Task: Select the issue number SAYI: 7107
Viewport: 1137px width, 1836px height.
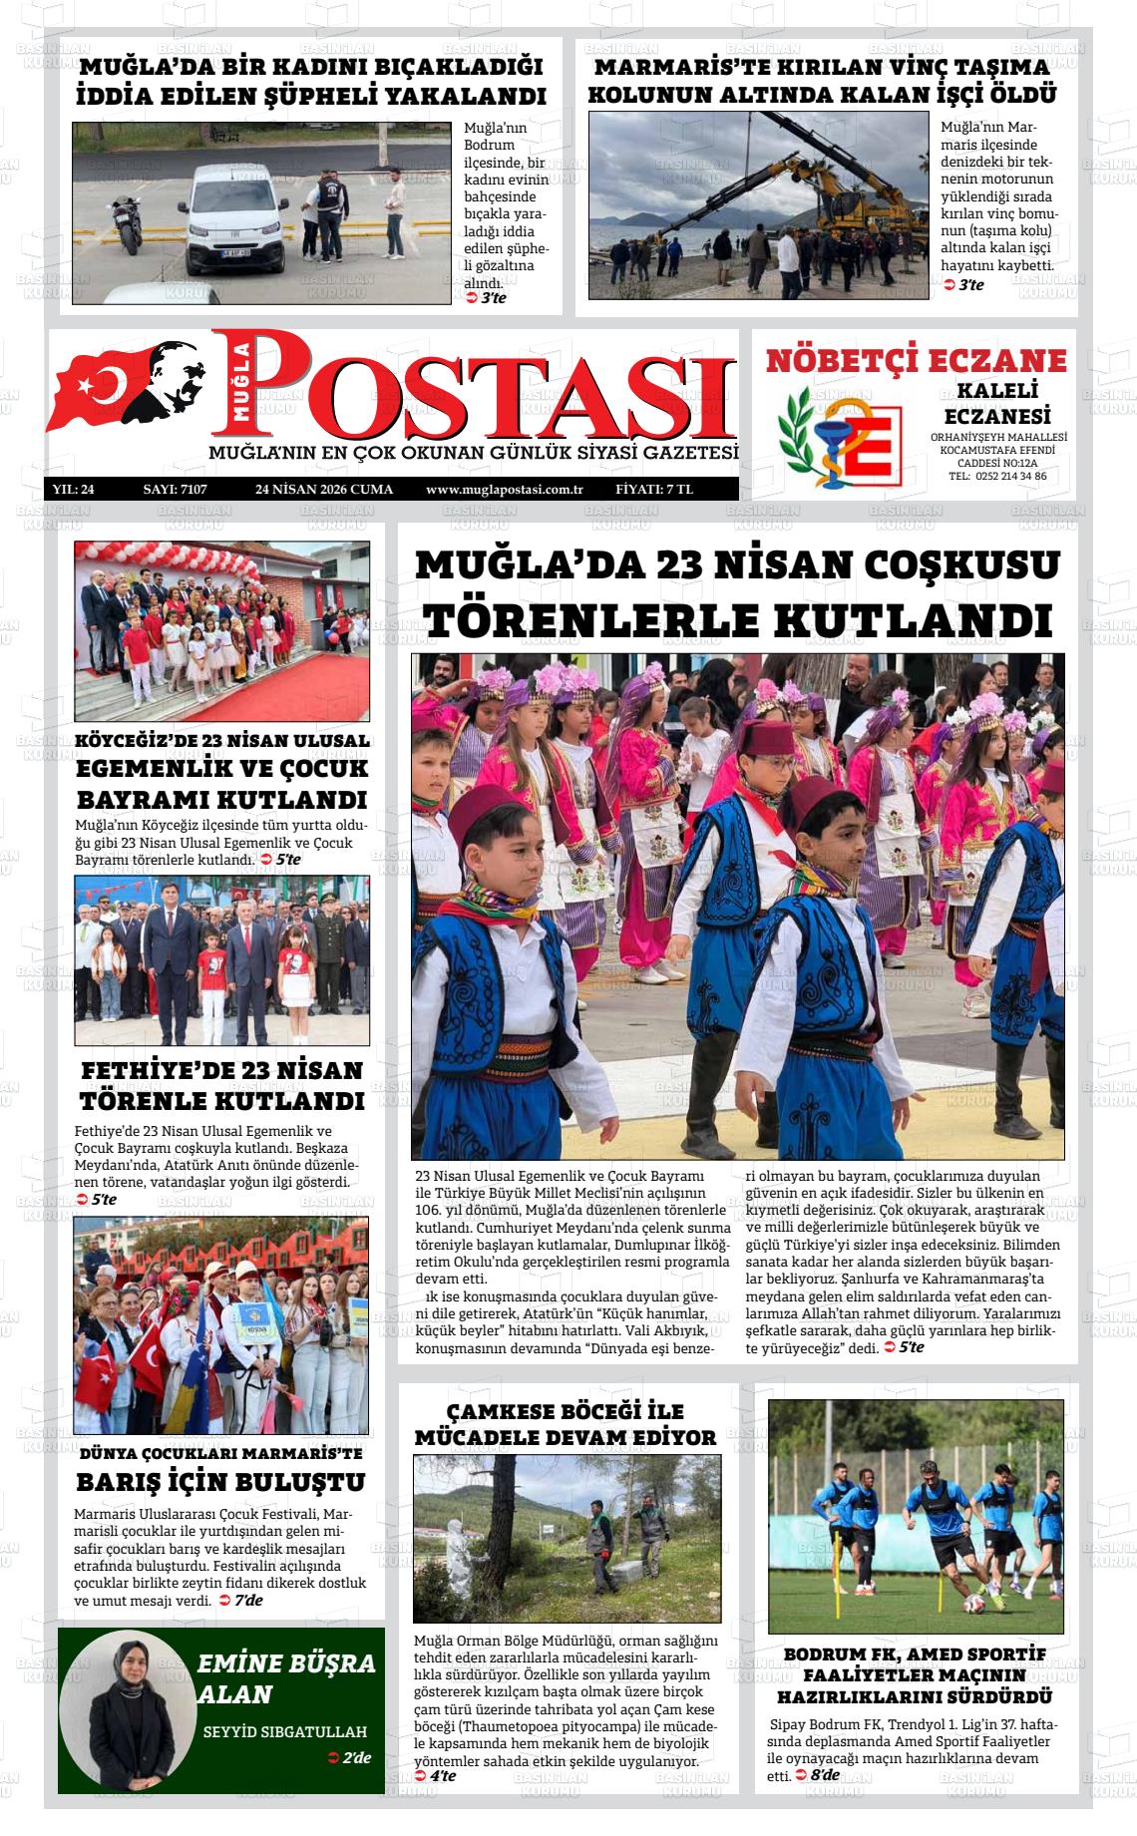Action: coord(175,490)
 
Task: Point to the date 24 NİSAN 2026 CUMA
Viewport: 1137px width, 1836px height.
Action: coord(324,490)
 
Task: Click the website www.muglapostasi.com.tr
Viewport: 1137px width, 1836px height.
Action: coord(504,490)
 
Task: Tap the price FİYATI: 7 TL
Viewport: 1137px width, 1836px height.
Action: coord(654,490)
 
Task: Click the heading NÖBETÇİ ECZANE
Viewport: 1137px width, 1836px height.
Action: coord(916,360)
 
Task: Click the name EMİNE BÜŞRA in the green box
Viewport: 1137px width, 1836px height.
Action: coord(287,1662)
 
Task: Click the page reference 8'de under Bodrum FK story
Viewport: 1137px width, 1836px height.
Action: coord(824,1776)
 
